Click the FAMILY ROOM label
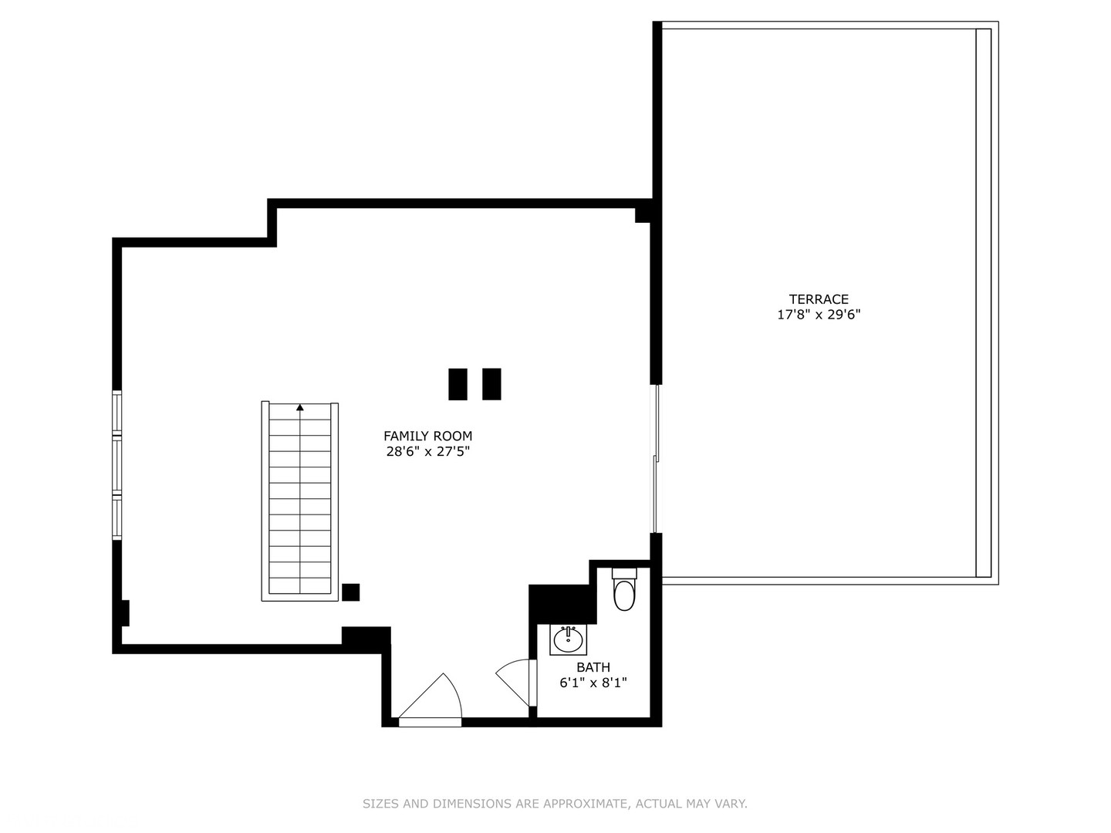[427, 436]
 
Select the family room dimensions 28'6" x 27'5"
[427, 452]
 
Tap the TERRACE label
[819, 299]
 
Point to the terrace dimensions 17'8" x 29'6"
[819, 315]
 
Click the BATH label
[593, 667]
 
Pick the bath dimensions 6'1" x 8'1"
[593, 683]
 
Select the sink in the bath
[568, 639]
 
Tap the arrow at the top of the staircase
[300, 407]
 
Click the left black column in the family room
[458, 384]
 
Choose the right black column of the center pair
[491, 384]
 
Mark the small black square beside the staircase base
[350, 592]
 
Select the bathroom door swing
[515, 680]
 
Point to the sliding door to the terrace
[656, 459]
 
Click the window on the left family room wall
[117, 465]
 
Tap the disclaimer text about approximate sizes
[555, 804]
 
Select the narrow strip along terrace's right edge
[983, 302]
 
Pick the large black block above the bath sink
[562, 604]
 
